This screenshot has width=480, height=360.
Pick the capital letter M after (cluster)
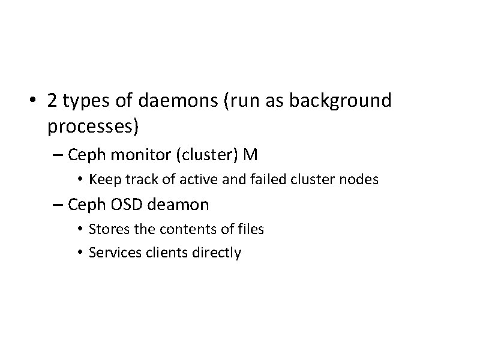[251, 155]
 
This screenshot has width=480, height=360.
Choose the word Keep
[103, 179]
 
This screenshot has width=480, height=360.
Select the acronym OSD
[127, 205]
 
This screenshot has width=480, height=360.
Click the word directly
[217, 253]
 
